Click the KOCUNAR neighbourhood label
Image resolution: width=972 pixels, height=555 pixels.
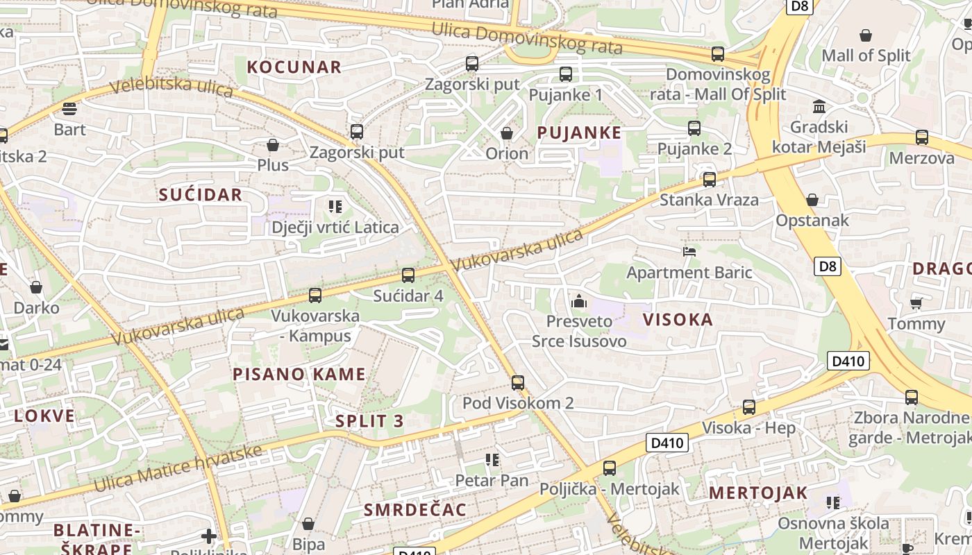(294, 67)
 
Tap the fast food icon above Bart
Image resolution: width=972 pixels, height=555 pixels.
(69, 109)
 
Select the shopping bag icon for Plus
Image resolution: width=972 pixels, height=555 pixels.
(273, 145)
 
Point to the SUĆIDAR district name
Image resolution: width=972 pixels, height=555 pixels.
(201, 195)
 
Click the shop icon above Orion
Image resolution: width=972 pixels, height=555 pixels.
(507, 133)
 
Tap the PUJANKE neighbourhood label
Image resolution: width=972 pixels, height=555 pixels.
(579, 132)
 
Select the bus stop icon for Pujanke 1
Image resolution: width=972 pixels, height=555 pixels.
(566, 74)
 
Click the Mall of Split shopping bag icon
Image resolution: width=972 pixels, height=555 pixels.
(866, 35)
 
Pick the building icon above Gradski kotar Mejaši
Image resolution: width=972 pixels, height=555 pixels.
(819, 107)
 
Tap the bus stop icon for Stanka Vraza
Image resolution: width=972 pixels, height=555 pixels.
(709, 180)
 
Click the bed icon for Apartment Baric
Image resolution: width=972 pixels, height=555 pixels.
(689, 251)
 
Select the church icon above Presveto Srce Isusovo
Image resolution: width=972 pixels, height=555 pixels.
(578, 301)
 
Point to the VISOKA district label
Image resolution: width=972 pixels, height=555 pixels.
(678, 320)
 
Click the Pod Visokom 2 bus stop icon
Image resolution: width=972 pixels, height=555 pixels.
(518, 382)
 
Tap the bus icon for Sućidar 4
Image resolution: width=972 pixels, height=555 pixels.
(408, 275)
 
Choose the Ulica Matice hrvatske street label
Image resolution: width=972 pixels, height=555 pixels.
(178, 469)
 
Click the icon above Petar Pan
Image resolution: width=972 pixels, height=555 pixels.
(492, 459)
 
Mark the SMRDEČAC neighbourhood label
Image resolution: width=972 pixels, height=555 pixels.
(415, 510)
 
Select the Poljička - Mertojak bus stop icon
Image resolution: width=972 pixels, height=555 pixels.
(610, 468)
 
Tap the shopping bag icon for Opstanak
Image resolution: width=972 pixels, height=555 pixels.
(812, 200)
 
